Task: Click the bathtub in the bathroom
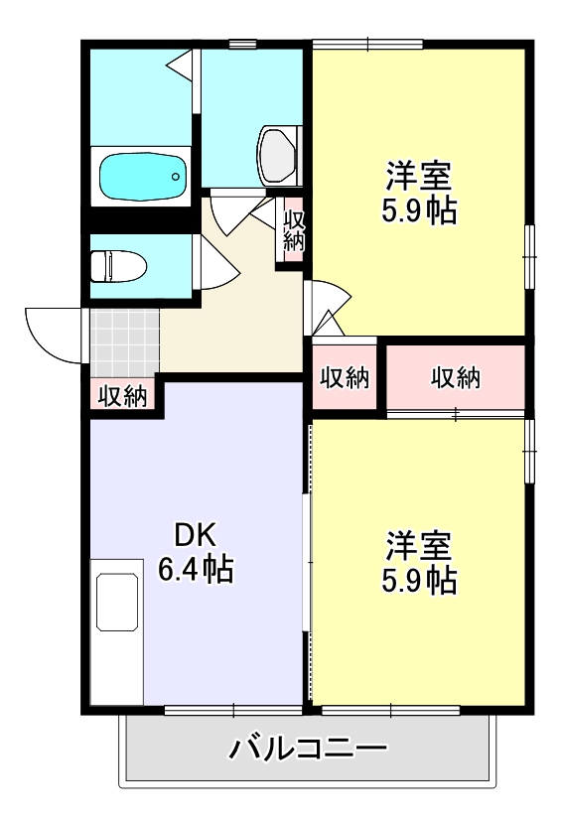click(143, 177)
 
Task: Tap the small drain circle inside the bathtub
click(175, 178)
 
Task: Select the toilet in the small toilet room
click(117, 266)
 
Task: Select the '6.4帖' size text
click(196, 570)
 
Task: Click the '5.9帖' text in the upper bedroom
click(419, 210)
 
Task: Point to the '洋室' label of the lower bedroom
click(419, 545)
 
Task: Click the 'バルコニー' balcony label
click(308, 748)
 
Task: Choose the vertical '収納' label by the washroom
click(292, 229)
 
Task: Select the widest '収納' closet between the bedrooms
click(456, 377)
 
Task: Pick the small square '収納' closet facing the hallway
click(345, 377)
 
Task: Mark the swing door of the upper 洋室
click(329, 303)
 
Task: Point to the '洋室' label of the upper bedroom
click(419, 176)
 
